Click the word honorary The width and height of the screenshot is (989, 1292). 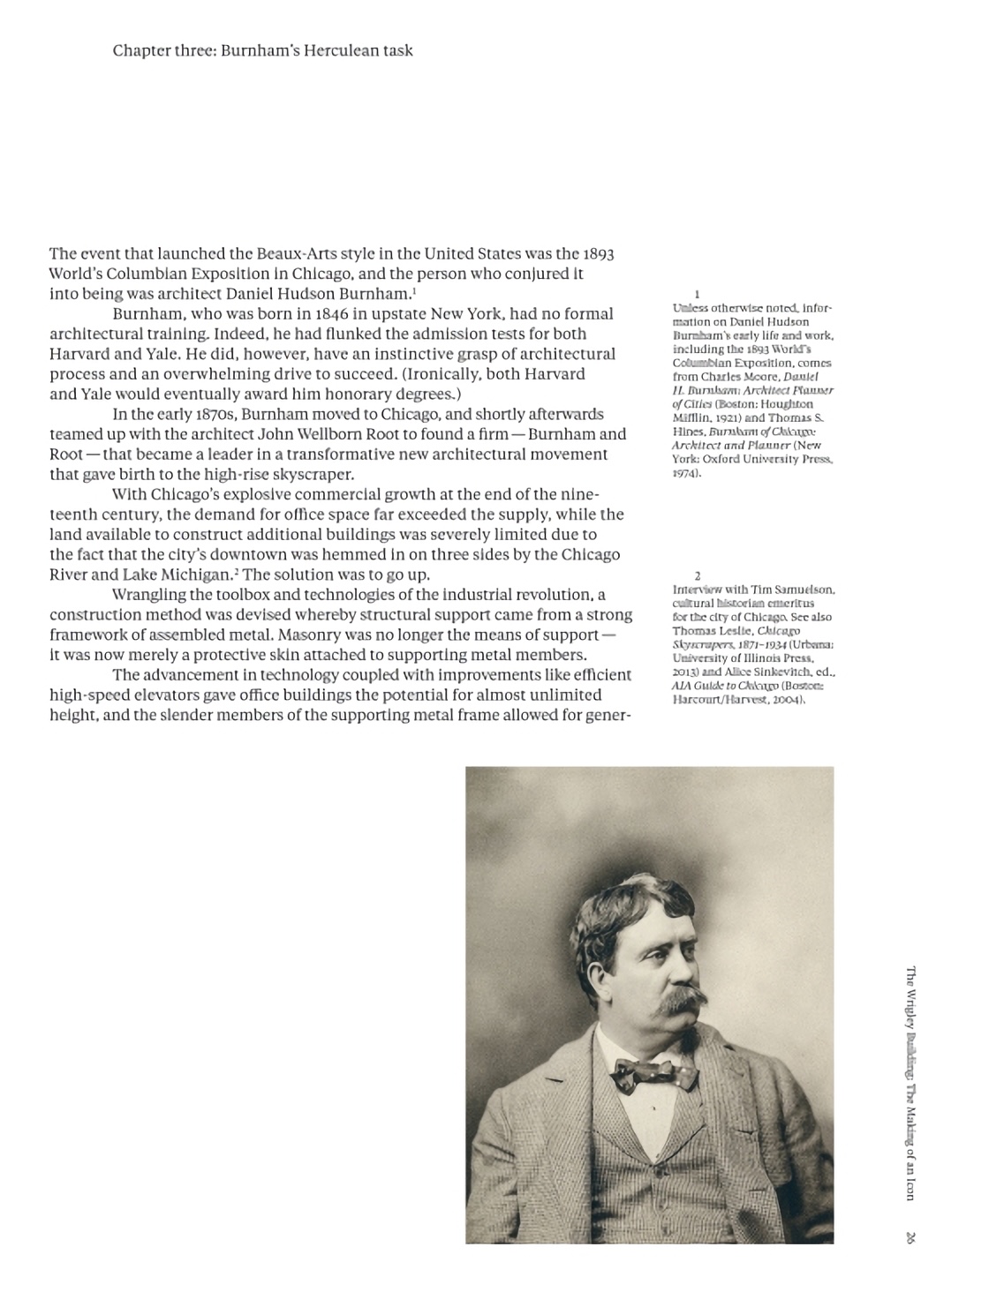(x=351, y=394)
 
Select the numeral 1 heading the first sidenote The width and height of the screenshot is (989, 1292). (x=697, y=294)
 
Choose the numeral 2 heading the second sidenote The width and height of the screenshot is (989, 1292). (x=697, y=576)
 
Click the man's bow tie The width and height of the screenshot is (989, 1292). (x=656, y=1075)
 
